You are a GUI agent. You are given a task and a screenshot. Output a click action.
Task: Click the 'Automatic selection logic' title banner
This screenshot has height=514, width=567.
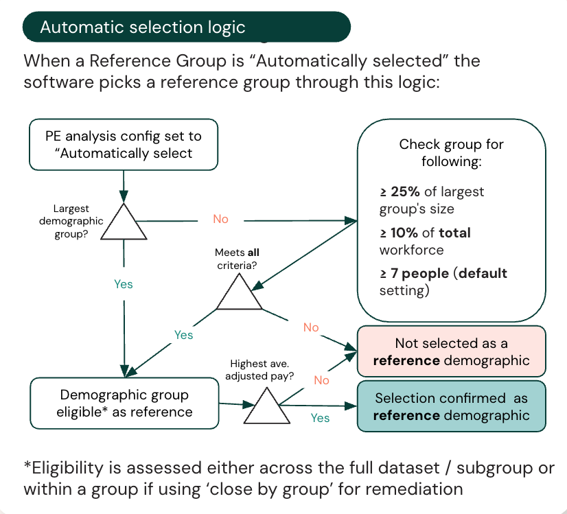(186, 27)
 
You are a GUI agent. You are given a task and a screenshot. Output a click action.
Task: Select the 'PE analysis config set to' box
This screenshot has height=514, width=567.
(124, 144)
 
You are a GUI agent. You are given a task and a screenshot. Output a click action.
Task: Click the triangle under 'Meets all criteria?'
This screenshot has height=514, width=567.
(240, 294)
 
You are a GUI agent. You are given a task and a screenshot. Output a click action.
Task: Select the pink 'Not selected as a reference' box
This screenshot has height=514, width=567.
(451, 351)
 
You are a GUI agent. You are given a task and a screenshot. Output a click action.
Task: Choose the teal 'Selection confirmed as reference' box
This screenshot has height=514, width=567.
(451, 406)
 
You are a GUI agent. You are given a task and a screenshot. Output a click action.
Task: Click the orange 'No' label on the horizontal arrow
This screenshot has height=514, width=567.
(220, 219)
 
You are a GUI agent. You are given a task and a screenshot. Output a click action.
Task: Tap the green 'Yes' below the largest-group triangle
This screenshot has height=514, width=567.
(124, 284)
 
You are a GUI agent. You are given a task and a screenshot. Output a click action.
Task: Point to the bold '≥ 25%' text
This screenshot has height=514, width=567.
(400, 191)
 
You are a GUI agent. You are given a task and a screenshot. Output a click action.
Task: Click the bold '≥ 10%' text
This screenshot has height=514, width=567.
(400, 233)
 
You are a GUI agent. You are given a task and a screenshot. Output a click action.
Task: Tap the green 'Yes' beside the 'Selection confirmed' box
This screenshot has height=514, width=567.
(320, 417)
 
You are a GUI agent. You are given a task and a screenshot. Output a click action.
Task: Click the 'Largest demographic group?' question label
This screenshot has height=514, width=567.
(78, 221)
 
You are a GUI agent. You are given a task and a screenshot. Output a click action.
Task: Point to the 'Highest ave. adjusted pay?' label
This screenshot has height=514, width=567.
(262, 370)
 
